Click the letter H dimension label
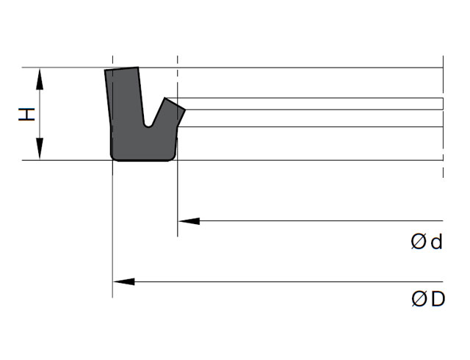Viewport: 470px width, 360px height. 26,115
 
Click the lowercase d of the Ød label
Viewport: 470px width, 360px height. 436,242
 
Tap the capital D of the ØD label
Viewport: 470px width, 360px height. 438,299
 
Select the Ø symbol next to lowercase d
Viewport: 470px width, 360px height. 419,242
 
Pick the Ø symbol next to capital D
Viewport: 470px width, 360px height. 419,299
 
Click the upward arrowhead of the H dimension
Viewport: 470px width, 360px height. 40,79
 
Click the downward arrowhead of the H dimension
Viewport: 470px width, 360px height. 40,149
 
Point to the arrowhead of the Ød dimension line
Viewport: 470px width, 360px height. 189,221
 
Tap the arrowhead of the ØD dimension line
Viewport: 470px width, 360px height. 124,281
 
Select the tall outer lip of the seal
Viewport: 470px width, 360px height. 124,99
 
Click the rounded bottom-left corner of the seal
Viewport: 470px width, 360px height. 114,157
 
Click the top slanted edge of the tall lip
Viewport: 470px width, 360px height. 121,68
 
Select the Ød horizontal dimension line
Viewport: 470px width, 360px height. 311,221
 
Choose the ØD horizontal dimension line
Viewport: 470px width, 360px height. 278,281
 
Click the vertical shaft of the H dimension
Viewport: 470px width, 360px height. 40,114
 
